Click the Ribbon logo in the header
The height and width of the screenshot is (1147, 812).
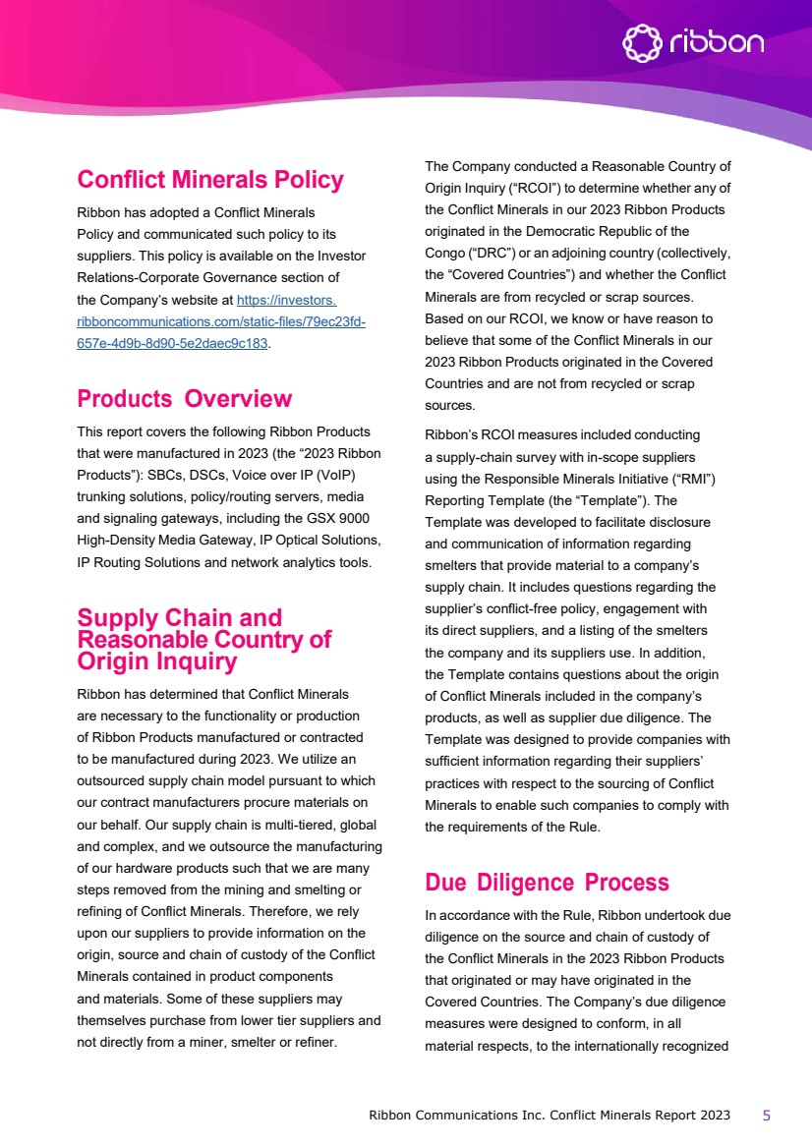693,42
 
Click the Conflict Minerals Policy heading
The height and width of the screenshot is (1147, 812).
210,180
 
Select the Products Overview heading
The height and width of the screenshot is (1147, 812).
184,398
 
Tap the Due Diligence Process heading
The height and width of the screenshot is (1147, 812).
547,882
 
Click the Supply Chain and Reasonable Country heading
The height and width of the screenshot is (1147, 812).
203,639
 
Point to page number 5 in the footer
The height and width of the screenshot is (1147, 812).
767,1115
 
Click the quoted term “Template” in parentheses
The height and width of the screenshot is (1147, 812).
623,499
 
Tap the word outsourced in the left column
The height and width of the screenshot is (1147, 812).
117,779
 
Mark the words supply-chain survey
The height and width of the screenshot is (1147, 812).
489,456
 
